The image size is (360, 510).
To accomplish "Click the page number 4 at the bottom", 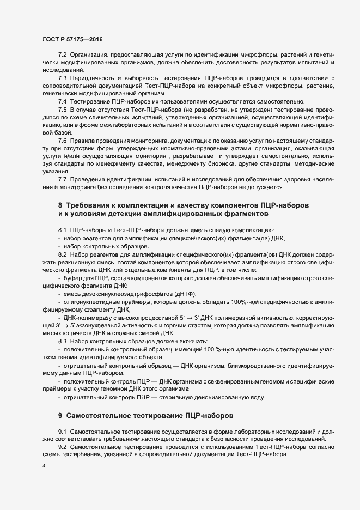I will tap(44, 466).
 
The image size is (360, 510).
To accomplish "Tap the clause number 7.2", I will tap(62, 56).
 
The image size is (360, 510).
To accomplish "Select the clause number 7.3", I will tap(62, 78).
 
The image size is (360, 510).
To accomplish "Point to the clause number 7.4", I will tap(62, 101).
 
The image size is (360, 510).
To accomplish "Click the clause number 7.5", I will tap(62, 109).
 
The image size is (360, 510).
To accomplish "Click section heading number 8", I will tap(60, 205).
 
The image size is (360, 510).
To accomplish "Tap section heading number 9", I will tap(60, 415).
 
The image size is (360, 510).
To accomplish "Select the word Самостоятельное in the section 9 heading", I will tap(99, 415).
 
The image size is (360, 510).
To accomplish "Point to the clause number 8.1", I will tap(62, 229).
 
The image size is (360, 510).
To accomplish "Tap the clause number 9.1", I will tap(62, 432).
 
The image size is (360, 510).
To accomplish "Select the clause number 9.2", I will tap(62, 447).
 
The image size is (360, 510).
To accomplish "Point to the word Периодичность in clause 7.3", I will tap(93, 78).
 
